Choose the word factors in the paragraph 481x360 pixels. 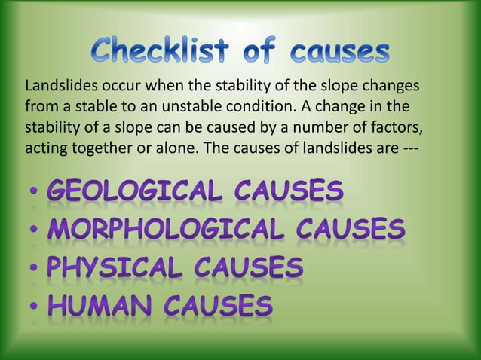(x=408, y=125)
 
